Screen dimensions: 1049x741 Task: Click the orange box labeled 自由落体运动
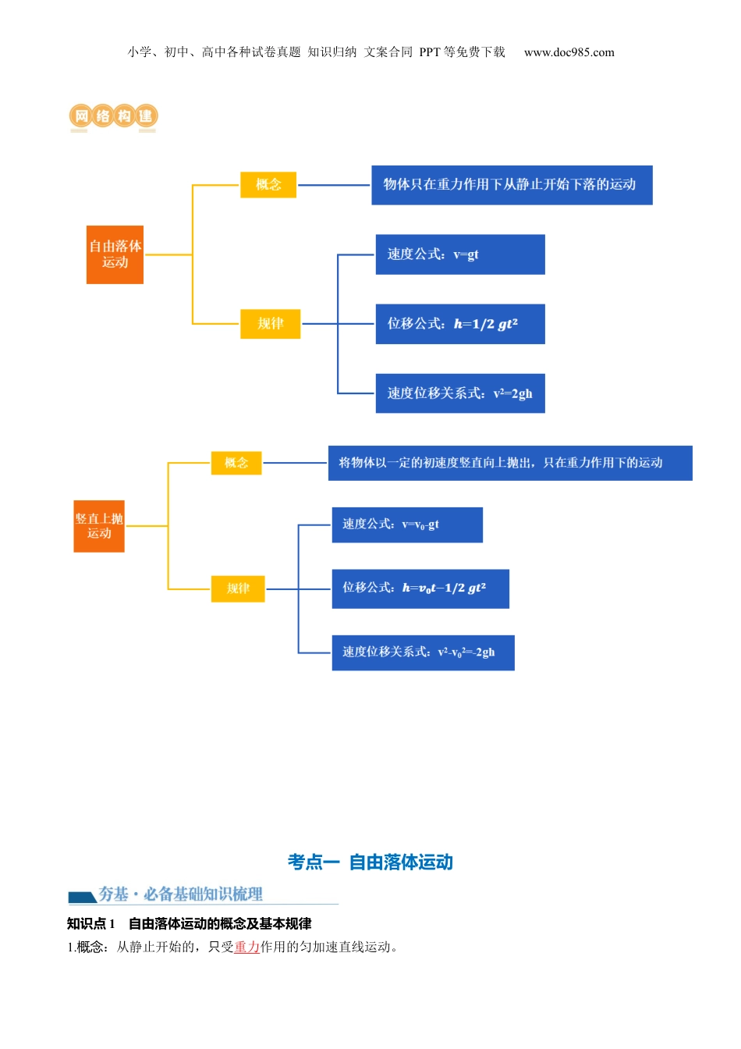click(115, 254)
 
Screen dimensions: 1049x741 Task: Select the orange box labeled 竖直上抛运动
click(99, 526)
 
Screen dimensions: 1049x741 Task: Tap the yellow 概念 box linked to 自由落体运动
click(268, 185)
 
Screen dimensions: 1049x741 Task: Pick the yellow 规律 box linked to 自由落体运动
click(270, 323)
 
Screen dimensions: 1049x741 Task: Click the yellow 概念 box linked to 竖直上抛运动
click(236, 463)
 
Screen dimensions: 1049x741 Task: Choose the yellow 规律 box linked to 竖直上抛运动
click(238, 589)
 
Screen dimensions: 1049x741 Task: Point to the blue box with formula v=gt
click(460, 254)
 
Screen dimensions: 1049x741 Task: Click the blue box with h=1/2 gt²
click(460, 324)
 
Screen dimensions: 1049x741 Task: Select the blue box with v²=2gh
click(460, 393)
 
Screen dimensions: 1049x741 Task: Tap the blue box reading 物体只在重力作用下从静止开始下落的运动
click(512, 185)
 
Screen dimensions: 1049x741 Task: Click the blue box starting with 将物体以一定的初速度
click(510, 463)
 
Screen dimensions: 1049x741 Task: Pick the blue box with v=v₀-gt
click(407, 524)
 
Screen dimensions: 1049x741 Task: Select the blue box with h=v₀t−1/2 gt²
click(420, 589)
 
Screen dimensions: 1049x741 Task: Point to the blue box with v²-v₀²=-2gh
click(423, 653)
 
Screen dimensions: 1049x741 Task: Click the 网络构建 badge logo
click(114, 117)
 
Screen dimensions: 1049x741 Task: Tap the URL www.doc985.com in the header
click(569, 52)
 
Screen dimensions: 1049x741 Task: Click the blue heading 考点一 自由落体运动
click(370, 862)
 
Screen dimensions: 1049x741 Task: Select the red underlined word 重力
click(247, 947)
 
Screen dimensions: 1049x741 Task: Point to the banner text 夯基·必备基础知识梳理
click(180, 894)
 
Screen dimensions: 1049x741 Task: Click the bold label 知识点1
click(90, 923)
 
